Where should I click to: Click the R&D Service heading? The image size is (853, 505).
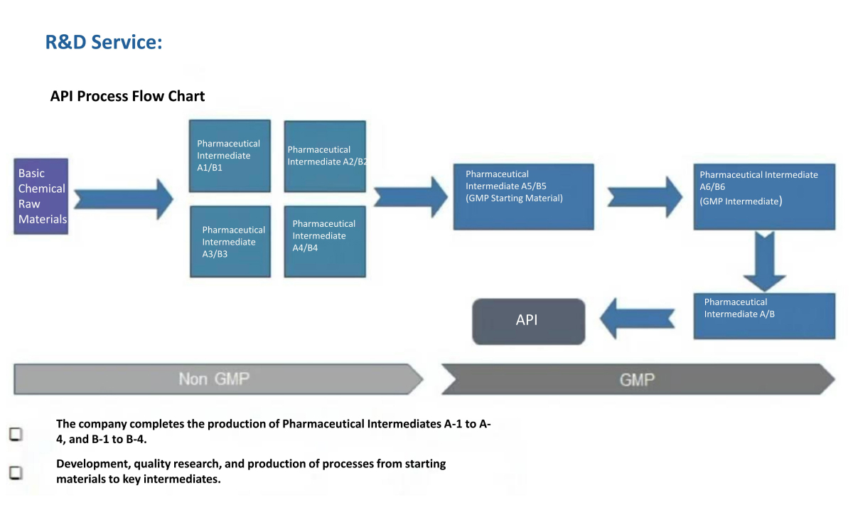(104, 42)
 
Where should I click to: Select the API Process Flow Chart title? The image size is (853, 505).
(127, 96)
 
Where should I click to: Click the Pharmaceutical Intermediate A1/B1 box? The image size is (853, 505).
(230, 156)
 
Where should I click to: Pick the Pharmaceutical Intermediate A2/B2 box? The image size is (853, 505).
(325, 156)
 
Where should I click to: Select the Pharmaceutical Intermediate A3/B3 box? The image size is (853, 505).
(230, 242)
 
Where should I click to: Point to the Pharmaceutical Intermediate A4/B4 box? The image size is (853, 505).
(325, 242)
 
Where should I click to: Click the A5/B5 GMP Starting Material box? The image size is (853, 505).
(523, 196)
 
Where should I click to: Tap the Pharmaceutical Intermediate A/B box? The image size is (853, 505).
(764, 316)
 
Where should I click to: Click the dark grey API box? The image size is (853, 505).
(528, 321)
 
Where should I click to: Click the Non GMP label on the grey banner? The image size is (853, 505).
(214, 379)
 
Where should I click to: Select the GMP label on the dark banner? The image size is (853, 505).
(636, 379)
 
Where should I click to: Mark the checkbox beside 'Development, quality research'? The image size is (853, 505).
(16, 472)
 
